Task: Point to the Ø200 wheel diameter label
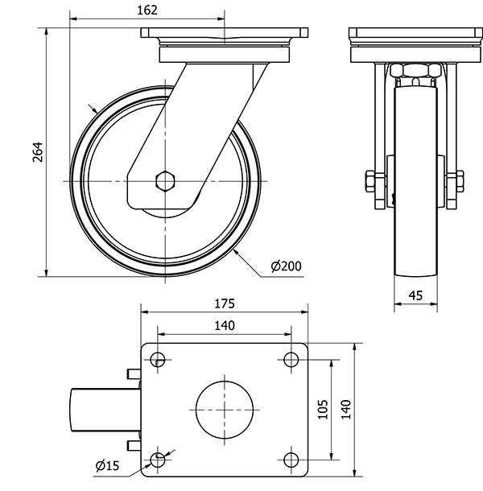coord(287,266)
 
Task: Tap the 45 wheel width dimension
coord(415,295)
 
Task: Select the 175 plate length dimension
coord(225,303)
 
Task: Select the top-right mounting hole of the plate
coord(291,359)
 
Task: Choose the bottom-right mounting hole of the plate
coord(291,459)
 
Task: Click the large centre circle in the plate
coord(225,409)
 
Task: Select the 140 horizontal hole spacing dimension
coord(225,326)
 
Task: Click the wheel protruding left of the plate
coord(105,409)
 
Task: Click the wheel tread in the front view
coord(415,241)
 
